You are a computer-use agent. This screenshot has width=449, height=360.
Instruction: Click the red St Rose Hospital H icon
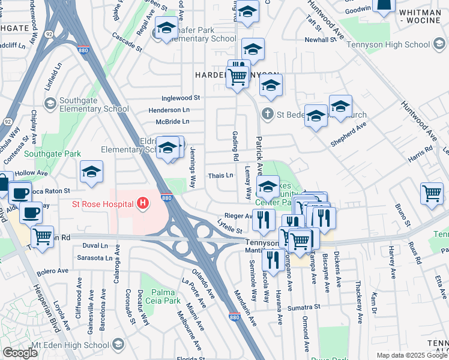pyautogui.click(x=143, y=204)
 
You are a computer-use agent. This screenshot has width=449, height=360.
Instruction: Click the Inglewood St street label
pyautogui.click(x=180, y=98)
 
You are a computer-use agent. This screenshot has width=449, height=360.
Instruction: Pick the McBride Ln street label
pyautogui.click(x=172, y=121)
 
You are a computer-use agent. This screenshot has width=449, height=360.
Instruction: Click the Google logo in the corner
pyautogui.click(x=20, y=353)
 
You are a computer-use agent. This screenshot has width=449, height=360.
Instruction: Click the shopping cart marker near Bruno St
pyautogui.click(x=432, y=194)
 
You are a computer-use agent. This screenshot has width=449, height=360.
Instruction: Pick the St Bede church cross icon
pyautogui.click(x=267, y=113)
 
